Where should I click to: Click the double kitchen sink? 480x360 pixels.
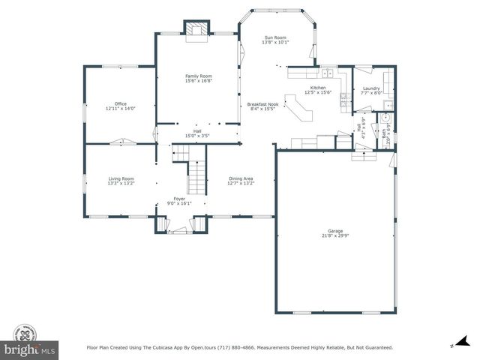(x=328, y=73)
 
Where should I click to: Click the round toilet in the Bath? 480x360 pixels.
(x=385, y=118)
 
